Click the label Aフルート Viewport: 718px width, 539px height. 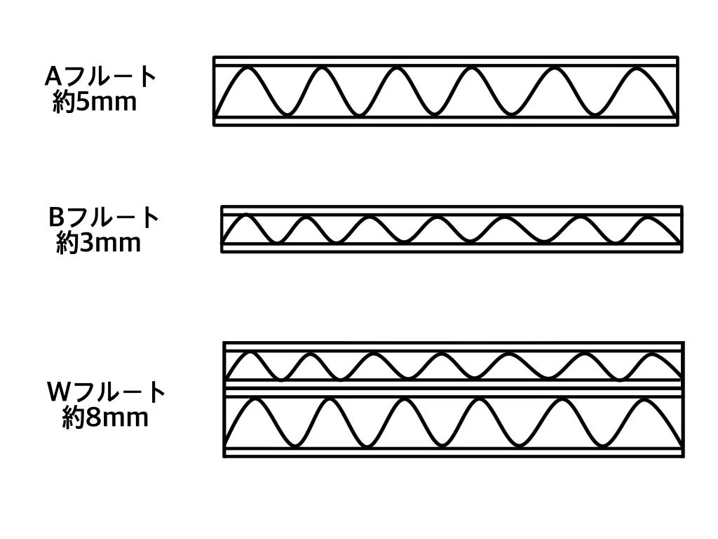click(x=101, y=76)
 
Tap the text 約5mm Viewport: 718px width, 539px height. click(x=95, y=102)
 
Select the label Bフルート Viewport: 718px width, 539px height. click(x=104, y=218)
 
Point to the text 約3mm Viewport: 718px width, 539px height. click(x=98, y=242)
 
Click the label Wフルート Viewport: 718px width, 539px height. click(x=106, y=392)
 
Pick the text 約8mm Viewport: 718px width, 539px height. click(x=105, y=417)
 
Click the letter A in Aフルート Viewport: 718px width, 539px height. click(x=53, y=77)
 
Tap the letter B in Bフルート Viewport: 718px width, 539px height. click(x=57, y=218)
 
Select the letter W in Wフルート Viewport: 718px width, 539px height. click(x=59, y=392)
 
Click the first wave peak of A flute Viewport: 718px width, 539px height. click(x=248, y=68)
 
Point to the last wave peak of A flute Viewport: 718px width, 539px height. click(x=637, y=68)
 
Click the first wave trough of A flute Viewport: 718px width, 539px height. click(x=287, y=113)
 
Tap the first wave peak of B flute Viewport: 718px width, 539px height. click(x=246, y=215)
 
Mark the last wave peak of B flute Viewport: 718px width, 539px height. click(x=649, y=218)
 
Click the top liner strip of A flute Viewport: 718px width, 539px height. click(x=446, y=62)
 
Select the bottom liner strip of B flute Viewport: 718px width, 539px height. click(x=452, y=248)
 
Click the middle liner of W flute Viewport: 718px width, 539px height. click(x=454, y=387)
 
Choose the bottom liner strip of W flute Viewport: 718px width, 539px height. click(x=454, y=452)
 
